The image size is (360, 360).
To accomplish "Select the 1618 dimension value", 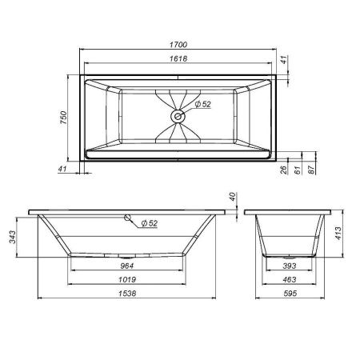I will pos(179,60).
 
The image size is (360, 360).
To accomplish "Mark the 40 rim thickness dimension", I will pos(232,198).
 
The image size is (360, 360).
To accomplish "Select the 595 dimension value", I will pos(296,294).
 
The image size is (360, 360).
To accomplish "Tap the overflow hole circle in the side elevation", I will pos(127,217).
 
